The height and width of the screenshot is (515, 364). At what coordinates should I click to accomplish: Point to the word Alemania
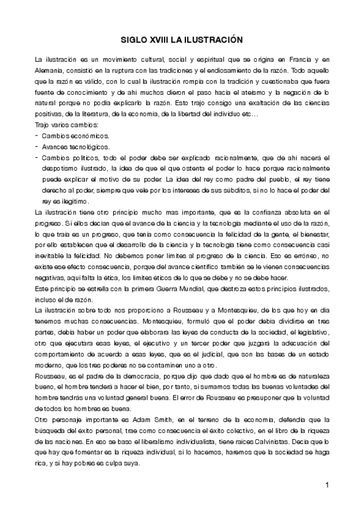[x=50, y=71]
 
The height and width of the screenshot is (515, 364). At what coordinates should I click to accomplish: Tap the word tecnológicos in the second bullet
[x=89, y=147]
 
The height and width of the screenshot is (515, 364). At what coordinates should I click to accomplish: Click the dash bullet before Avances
[x=37, y=147]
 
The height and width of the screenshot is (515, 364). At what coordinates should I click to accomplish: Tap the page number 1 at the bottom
[x=327, y=485]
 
